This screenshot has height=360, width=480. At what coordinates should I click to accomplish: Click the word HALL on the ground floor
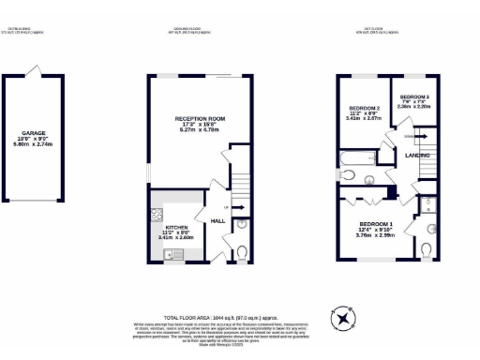tap(217, 221)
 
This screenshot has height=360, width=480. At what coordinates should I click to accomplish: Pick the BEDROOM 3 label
tap(414, 97)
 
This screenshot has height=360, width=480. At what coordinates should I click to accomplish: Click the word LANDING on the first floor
tap(417, 155)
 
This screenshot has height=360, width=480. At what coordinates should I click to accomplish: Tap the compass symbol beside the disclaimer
tap(344, 318)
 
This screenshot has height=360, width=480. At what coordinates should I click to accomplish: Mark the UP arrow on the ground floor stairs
tap(227, 207)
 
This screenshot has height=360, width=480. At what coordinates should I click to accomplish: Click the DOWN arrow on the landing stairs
tap(424, 136)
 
